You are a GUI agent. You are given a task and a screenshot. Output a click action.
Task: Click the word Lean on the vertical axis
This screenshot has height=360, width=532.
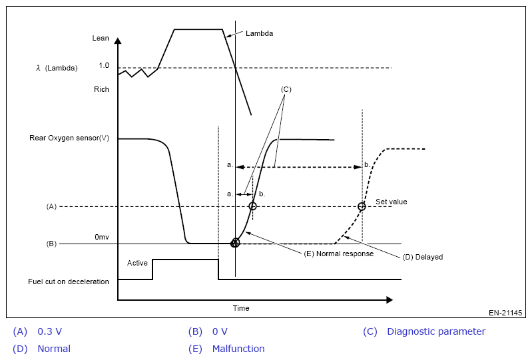tap(101, 38)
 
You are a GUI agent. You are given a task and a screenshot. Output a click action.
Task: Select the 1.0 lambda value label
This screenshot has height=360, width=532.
tap(103, 66)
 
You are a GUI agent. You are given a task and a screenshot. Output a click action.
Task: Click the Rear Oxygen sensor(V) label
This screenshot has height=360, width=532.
tap(69, 138)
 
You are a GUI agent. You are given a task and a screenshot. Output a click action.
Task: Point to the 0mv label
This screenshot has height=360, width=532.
tap(102, 237)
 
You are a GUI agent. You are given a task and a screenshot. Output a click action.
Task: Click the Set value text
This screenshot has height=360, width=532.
tap(391, 202)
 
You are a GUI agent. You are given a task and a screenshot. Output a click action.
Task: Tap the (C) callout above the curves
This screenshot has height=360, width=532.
tap(286, 89)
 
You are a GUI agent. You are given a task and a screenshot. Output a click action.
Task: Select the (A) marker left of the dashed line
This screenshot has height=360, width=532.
tap(51, 207)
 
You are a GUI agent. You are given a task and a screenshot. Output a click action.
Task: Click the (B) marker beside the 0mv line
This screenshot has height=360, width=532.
tap(51, 244)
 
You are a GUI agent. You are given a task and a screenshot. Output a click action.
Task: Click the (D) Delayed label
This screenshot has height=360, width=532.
tap(423, 257)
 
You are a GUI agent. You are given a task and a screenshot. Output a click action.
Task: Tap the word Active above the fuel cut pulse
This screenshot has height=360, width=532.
tap(137, 264)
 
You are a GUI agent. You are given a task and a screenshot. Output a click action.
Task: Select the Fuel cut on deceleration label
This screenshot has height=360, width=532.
tap(69, 281)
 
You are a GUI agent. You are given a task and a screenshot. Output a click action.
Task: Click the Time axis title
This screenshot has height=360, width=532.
tap(241, 308)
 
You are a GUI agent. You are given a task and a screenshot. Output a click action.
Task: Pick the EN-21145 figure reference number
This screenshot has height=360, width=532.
tap(506, 313)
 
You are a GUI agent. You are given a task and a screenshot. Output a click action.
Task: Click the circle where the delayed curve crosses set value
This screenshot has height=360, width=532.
tap(362, 206)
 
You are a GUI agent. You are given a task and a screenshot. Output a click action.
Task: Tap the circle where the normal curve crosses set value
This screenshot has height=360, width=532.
tap(252, 206)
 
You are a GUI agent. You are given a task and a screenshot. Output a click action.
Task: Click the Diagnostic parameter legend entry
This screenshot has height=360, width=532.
tap(436, 331)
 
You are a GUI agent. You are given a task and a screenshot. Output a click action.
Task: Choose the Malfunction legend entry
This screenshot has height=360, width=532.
tap(238, 349)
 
